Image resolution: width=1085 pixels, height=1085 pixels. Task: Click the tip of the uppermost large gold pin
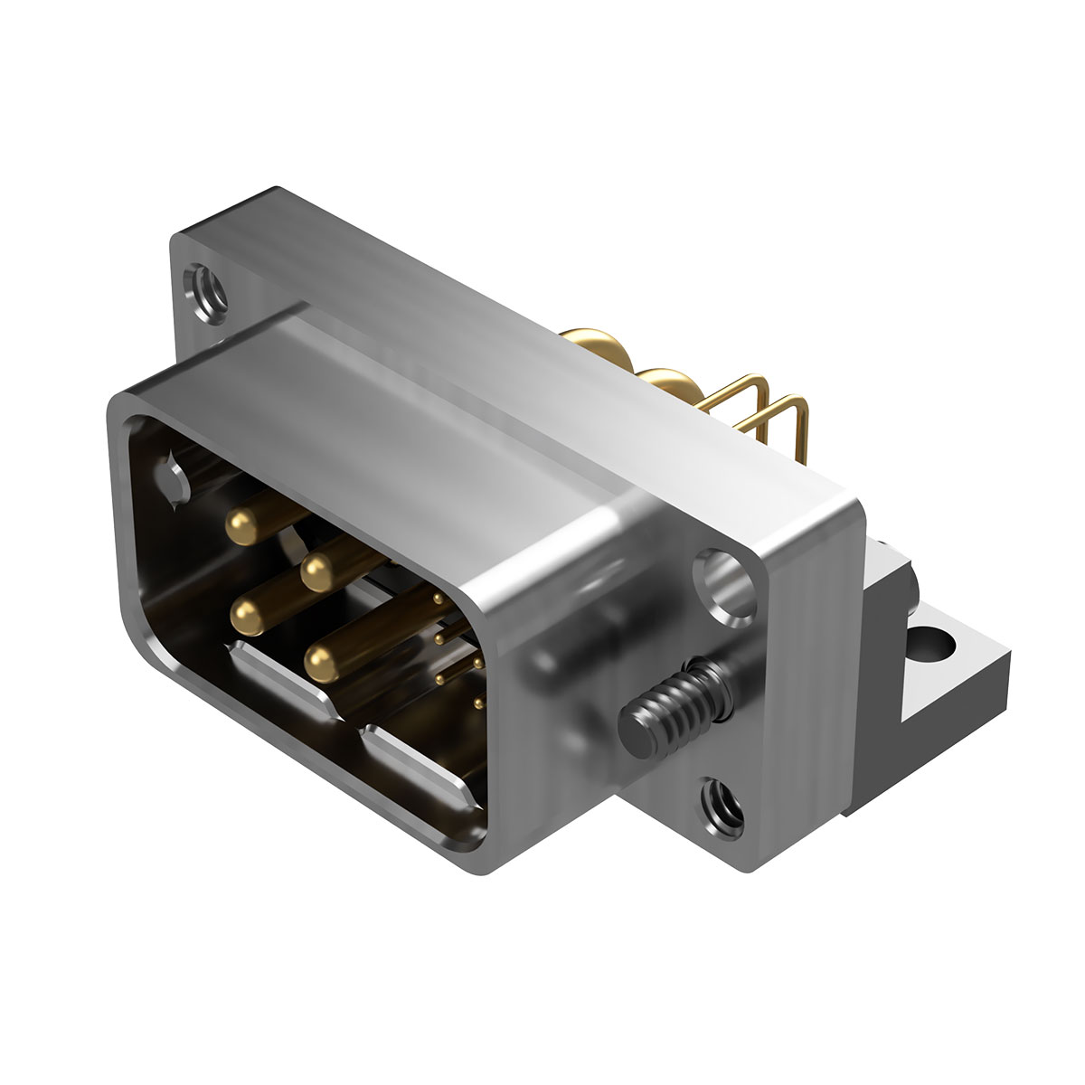point(240,526)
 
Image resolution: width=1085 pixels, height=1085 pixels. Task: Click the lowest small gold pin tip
point(476,701)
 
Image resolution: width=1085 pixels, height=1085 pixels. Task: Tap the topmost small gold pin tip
point(438,599)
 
